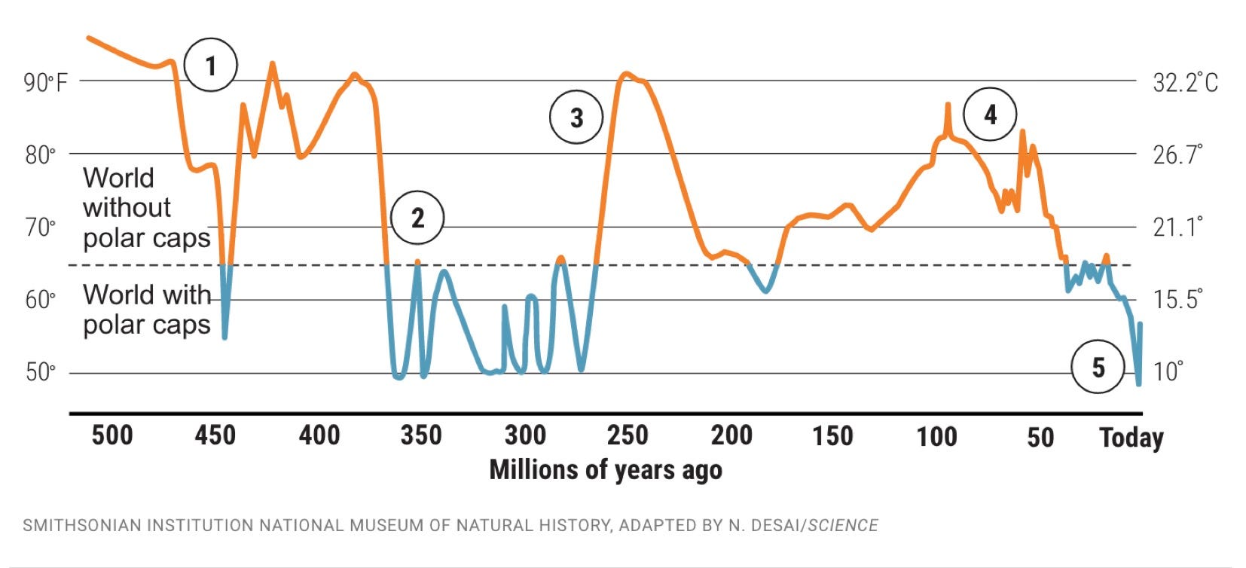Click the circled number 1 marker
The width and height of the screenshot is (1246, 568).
[211, 66]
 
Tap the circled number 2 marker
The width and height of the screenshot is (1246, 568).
[417, 218]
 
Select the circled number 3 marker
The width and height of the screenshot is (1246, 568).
[576, 118]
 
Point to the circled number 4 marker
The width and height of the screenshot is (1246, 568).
[990, 115]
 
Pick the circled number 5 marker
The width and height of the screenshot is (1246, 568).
[1098, 367]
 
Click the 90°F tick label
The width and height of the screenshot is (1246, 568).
[46, 81]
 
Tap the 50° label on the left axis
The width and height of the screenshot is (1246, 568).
[41, 372]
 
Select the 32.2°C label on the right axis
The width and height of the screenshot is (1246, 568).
[1185, 81]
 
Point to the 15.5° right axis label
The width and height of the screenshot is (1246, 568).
[1177, 299]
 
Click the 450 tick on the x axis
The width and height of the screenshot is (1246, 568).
[215, 435]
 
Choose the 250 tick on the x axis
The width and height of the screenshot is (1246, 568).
[628, 435]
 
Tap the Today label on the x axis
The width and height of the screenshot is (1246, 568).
[1131, 437]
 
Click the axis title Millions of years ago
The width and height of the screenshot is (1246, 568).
[606, 469]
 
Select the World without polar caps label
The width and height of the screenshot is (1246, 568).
[146, 207]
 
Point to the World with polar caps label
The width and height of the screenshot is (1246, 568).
[146, 309]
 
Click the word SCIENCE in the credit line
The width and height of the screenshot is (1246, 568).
[843, 525]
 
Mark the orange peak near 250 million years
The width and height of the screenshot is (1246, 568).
[626, 75]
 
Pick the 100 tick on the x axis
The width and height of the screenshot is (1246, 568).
[936, 436]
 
